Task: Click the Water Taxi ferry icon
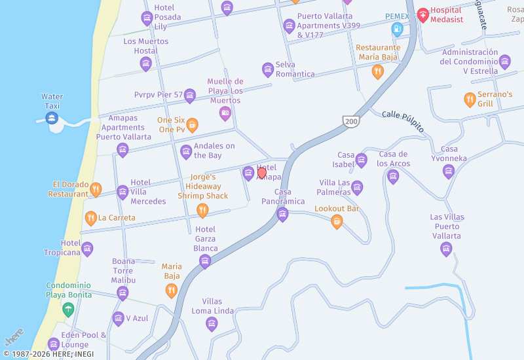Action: click(52, 118)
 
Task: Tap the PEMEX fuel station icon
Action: click(397, 29)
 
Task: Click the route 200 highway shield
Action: click(351, 121)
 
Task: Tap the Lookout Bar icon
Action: click(337, 222)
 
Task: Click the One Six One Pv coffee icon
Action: click(192, 124)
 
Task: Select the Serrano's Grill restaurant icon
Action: click(470, 99)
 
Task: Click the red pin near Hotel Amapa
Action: click(262, 173)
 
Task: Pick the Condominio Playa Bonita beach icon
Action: click(68, 309)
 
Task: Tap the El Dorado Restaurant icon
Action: click(96, 190)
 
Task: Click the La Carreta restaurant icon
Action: click(91, 218)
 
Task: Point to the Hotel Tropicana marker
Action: click(87, 249)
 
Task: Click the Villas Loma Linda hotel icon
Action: click(212, 323)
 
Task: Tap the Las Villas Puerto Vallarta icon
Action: click(446, 249)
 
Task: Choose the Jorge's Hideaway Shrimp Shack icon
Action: click(202, 210)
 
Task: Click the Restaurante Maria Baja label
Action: click(378, 52)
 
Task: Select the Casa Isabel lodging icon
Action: click(362, 160)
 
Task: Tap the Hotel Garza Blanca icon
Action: click(205, 262)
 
